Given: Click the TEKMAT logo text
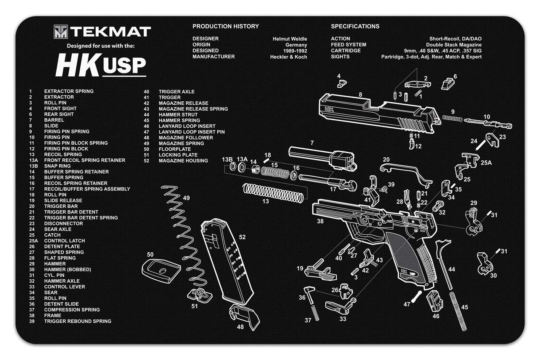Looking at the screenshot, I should [x=111, y=32].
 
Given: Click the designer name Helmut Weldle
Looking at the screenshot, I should [x=290, y=39].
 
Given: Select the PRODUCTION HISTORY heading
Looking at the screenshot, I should [x=226, y=26].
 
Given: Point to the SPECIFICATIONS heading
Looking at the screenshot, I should [x=355, y=26].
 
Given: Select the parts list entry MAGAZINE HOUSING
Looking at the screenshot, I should [x=183, y=161].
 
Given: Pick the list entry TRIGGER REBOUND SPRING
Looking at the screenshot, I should [x=78, y=321].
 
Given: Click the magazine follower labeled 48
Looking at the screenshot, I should [x=245, y=316].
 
